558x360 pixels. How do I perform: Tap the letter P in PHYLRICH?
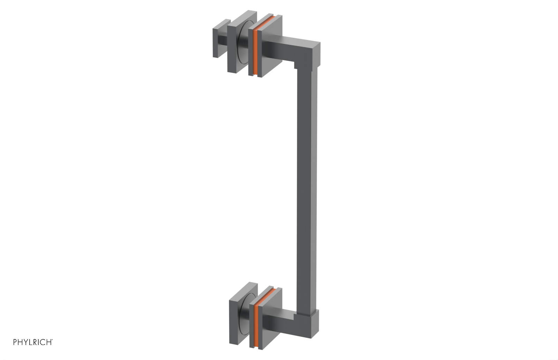pos(15,342)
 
